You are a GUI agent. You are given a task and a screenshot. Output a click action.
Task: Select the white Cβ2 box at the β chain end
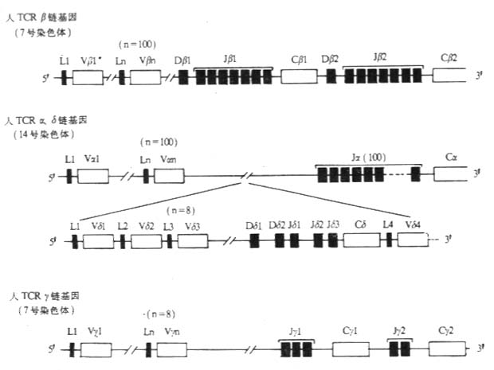tap(452, 76)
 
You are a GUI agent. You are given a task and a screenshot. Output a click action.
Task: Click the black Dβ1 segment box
tap(183, 76)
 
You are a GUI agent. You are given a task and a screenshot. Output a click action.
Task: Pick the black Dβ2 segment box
tap(331, 76)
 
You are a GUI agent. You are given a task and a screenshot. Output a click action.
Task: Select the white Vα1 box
tap(95, 173)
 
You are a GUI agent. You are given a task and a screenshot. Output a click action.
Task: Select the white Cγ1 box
tap(349, 349)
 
